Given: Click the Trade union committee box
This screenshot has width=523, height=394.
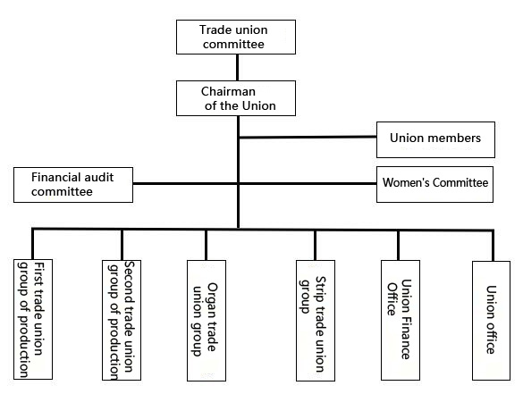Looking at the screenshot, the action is pyautogui.click(x=236, y=37).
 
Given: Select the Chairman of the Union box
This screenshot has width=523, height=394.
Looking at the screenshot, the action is pyautogui.click(x=236, y=98).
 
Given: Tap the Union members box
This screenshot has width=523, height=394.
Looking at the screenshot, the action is pyautogui.click(x=435, y=139).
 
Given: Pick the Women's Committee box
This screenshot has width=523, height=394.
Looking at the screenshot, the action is pyautogui.click(x=434, y=184).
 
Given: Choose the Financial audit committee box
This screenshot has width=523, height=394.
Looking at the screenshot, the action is pyautogui.click(x=73, y=185).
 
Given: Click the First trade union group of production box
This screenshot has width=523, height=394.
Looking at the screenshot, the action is pyautogui.click(x=33, y=319).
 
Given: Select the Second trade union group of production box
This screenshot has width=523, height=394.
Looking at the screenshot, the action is pyautogui.click(x=122, y=321).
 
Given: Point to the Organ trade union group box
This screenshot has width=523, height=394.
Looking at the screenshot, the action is pyautogui.click(x=207, y=321).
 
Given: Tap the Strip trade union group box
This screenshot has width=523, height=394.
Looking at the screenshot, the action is pyautogui.click(x=316, y=321).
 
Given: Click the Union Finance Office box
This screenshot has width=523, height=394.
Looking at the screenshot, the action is pyautogui.click(x=401, y=321).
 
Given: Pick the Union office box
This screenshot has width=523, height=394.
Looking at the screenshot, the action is pyautogui.click(x=491, y=321).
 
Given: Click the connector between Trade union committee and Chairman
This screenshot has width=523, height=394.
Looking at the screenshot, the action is pyautogui.click(x=237, y=67).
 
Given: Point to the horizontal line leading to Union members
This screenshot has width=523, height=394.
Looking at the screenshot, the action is pyautogui.click(x=308, y=137).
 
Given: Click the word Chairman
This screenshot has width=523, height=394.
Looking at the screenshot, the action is pyautogui.click(x=228, y=91).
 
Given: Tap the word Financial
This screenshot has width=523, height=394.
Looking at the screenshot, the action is pyautogui.click(x=56, y=177).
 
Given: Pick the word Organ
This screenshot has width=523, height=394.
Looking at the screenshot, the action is pyautogui.click(x=212, y=300).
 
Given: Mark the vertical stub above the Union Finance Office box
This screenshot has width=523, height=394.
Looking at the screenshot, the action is pyautogui.click(x=398, y=246).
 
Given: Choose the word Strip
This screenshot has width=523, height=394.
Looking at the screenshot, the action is pyautogui.click(x=321, y=289).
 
